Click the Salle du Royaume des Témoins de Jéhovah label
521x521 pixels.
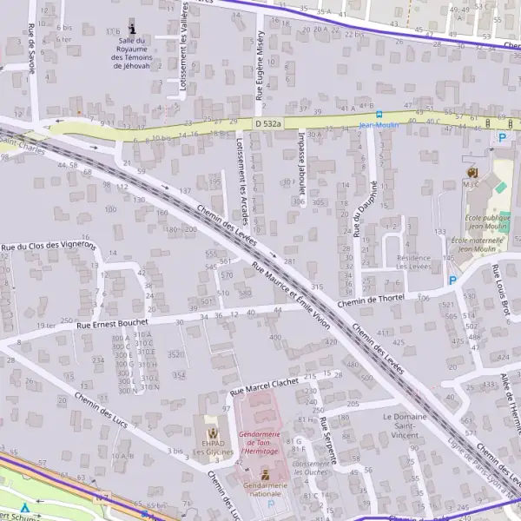pyautogui.click(x=132, y=52)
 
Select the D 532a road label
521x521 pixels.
pyautogui.click(x=269, y=124)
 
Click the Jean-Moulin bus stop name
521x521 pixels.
pyautogui.click(x=379, y=125)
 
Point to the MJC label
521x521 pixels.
pyautogui.click(x=472, y=184)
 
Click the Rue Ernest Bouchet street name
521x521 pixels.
pyautogui.click(x=113, y=323)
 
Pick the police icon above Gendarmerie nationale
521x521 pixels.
pyautogui.click(x=266, y=474)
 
